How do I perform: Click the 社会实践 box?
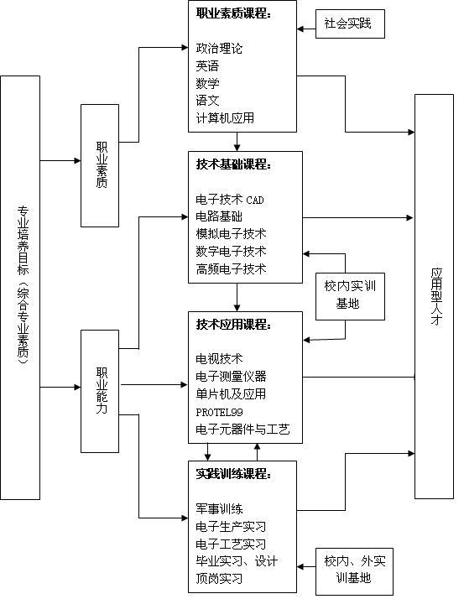pyautogui.click(x=350, y=23)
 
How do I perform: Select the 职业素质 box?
pyautogui.click(x=100, y=165)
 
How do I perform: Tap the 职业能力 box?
pyautogui.click(x=100, y=391)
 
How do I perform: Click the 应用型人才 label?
pyautogui.click(x=436, y=296)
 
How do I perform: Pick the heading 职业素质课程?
pyautogui.click(x=233, y=13)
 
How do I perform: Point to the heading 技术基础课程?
pyautogui.click(x=233, y=164)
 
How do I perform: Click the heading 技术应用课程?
pyautogui.click(x=233, y=325)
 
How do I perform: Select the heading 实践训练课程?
pyautogui.click(x=233, y=474)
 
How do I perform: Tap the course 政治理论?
pyautogui.click(x=219, y=48)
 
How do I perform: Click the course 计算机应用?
pyautogui.click(x=225, y=117)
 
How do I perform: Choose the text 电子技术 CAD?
pyautogui.click(x=230, y=200)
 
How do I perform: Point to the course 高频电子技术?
pyautogui.click(x=231, y=269)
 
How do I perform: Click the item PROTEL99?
pyautogui.click(x=219, y=412)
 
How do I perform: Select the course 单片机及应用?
pyautogui.click(x=231, y=393)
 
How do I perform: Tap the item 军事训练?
pyautogui.click(x=219, y=509)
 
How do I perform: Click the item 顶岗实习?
pyautogui.click(x=219, y=578)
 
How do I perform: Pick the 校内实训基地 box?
pyautogui.click(x=350, y=296)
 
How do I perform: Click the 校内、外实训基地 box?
pyautogui.click(x=354, y=571)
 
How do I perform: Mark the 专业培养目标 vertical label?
pyautogui.click(x=23, y=284)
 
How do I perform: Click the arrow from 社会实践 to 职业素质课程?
pyautogui.click(x=306, y=29)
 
